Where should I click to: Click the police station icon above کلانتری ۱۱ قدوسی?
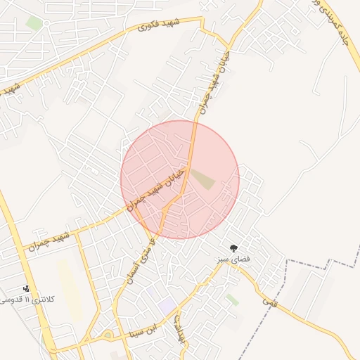coord(27,288)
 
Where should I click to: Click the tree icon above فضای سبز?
coord(233,247)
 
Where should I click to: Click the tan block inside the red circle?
coord(202,179)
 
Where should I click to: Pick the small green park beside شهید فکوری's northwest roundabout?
coord(34,23)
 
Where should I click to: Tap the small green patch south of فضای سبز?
coord(232,300)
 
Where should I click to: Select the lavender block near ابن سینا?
coord(167,305)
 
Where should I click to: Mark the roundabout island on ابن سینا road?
coord(108,336)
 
